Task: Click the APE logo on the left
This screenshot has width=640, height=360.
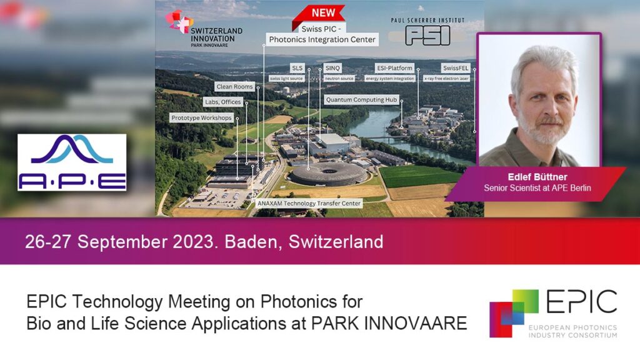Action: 72,162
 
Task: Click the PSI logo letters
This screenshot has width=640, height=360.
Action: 427,35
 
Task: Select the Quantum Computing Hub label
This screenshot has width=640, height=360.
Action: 361,99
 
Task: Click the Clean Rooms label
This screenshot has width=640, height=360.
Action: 235,86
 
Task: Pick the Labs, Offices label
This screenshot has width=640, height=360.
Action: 223,101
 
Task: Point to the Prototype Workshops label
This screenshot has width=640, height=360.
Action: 201,117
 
